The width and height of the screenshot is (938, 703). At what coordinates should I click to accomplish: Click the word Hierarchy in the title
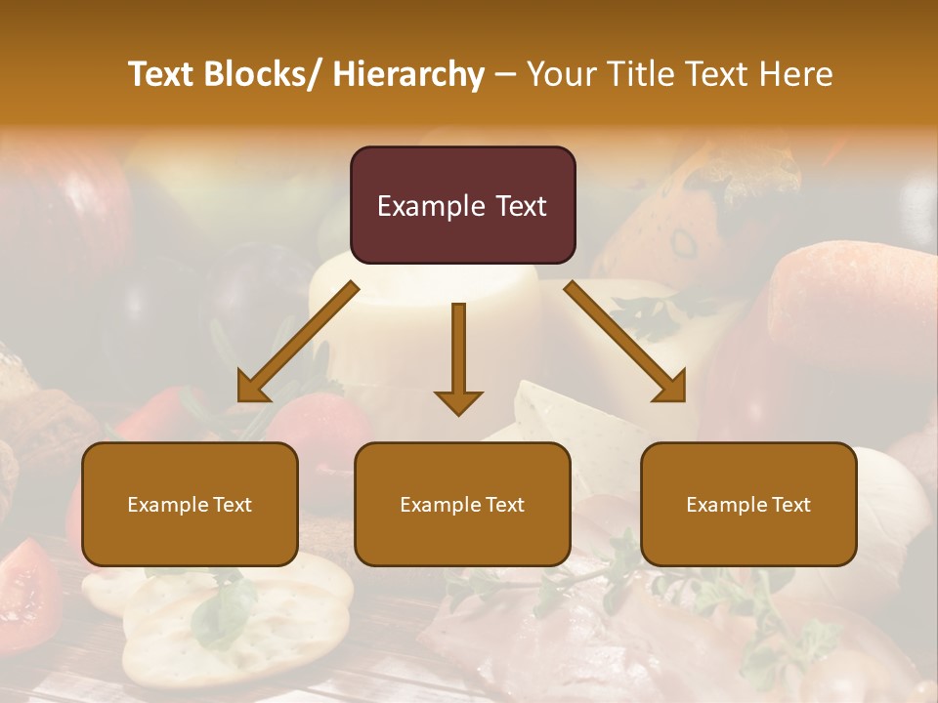pos(408,74)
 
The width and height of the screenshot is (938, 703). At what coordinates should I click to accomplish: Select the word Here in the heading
pos(796,74)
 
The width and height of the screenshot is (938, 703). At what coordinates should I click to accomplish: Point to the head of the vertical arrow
pos(458,402)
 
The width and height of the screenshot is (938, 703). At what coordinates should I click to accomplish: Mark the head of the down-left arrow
pos(252,389)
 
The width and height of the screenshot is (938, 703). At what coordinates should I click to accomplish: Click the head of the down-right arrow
pos(671,389)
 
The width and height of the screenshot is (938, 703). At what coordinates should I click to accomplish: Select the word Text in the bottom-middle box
pos(504,505)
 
